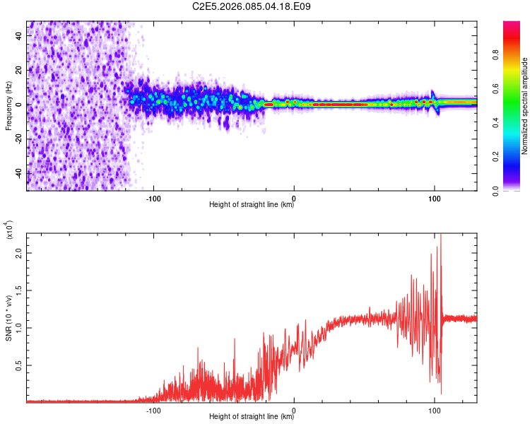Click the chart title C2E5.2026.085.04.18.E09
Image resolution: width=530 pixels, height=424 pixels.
coord(252,7)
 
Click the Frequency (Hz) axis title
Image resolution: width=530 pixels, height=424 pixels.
coord(8,106)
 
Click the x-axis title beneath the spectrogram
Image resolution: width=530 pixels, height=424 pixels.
coord(252,205)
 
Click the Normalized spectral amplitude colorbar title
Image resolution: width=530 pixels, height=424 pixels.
coord(525,106)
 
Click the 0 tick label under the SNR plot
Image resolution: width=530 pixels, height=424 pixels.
coord(294,409)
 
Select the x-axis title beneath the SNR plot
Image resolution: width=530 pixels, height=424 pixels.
coord(252,417)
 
